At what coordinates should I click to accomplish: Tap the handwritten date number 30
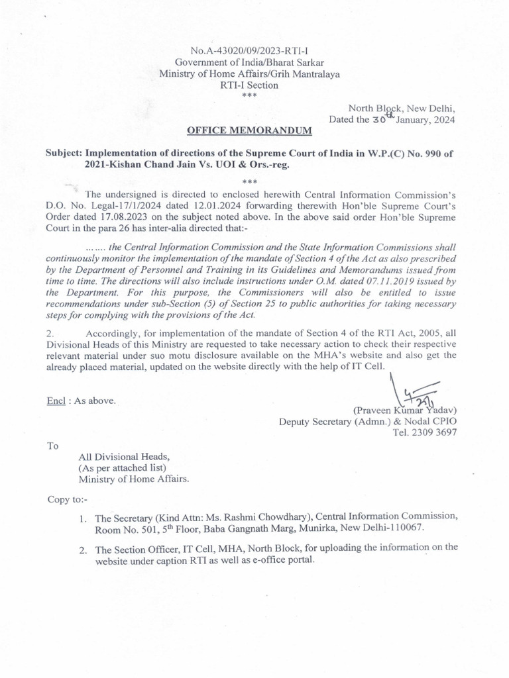(378, 121)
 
